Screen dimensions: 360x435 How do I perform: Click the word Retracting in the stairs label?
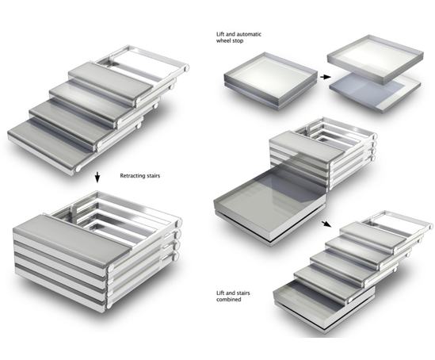pyautogui.click(x=133, y=176)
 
